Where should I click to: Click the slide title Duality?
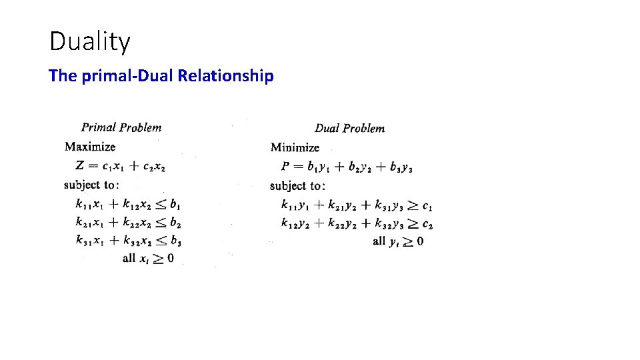90,42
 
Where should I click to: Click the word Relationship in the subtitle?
226,76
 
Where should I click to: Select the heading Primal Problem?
121,127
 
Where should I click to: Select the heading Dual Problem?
349,128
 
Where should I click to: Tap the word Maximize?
90,147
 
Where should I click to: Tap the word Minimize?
295,147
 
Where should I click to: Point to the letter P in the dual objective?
285,166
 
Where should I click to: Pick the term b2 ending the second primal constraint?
175,222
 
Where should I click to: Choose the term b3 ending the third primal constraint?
176,240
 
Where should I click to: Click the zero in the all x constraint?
170,258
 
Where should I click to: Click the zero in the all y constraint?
419,241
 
